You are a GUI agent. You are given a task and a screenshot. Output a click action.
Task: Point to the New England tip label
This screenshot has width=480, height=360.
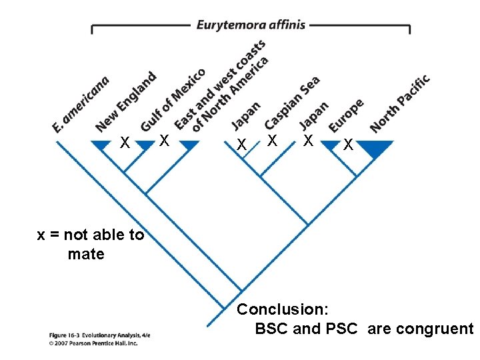125,101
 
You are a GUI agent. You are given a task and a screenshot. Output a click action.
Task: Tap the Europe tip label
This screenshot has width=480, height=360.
346,115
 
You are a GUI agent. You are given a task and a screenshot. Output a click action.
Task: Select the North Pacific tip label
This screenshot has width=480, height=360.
399,103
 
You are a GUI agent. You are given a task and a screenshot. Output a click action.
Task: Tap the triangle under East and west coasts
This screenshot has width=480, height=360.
189,145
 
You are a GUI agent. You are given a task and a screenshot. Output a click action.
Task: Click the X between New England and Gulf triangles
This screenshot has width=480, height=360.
124,142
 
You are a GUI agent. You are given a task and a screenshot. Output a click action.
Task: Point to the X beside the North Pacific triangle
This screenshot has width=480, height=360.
347,144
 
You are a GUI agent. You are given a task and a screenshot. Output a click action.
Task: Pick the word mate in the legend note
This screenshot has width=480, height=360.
86,254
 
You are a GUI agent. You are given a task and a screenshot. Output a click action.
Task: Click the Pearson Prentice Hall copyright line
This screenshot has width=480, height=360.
93,343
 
